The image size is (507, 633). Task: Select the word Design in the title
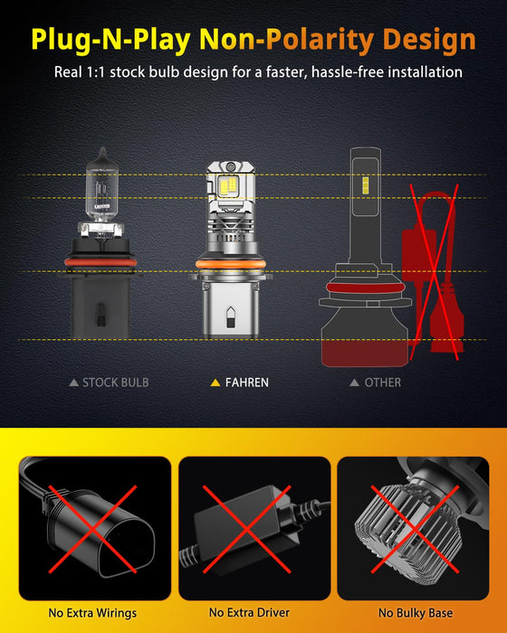[429, 39]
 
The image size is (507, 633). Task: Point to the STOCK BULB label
[116, 383]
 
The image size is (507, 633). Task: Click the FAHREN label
[247, 383]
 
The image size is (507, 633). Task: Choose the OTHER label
[382, 383]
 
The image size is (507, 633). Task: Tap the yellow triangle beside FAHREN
[215, 383]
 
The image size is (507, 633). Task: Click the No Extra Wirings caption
[89, 612]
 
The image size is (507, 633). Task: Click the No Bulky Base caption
[413, 612]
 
